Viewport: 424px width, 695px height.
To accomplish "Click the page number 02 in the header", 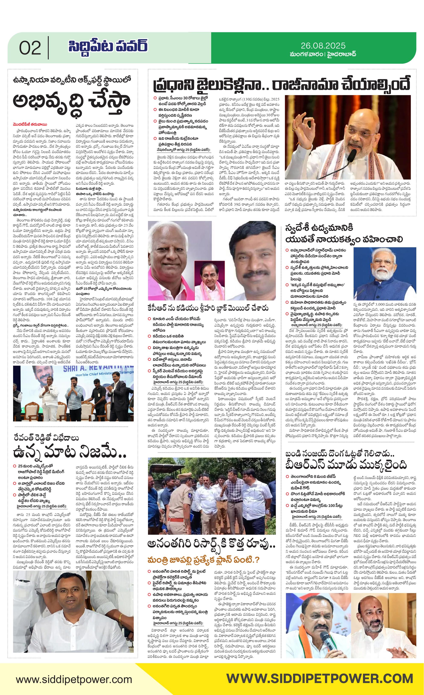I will click(x=30, y=48).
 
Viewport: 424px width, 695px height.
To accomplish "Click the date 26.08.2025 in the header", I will click(x=323, y=46).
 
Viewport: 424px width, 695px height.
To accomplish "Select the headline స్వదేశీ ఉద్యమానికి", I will click(x=319, y=228).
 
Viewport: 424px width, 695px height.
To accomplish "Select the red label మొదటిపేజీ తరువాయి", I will click(x=29, y=124).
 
